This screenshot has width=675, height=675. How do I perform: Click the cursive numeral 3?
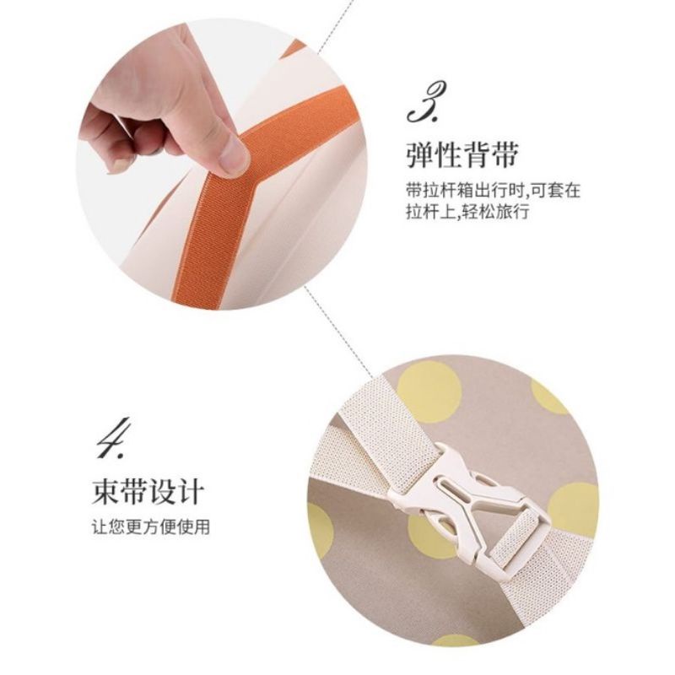coord(426,102)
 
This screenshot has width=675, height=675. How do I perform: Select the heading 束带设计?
coord(147,491)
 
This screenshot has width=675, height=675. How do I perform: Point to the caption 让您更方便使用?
coord(151,526)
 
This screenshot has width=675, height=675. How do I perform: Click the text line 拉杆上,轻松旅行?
coord(467,213)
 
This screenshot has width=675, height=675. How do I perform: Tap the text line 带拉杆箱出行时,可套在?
coord(494,190)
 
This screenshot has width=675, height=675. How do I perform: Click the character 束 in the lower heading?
coord(105,491)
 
